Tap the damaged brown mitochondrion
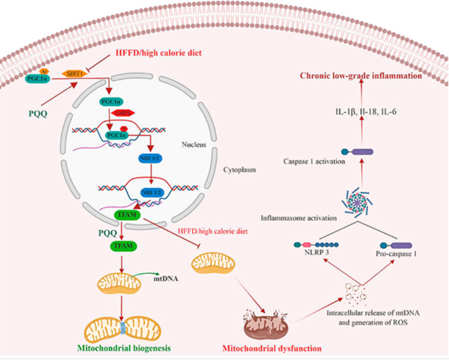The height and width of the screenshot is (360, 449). (x=267, y=322)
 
